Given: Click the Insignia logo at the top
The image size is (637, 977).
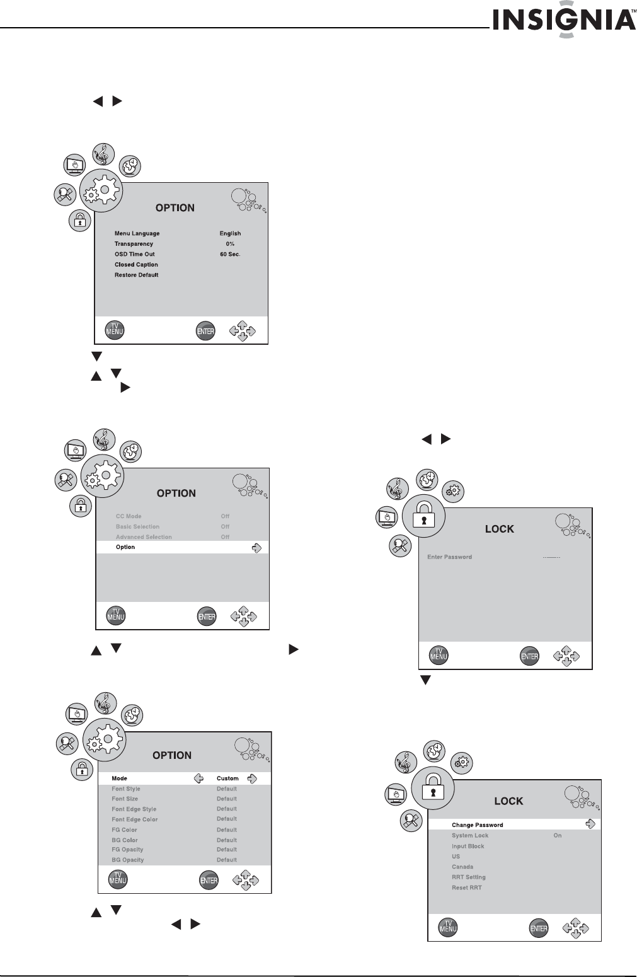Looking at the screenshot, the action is pos(563,21).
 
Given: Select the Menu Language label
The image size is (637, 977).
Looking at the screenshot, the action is pos(137,233).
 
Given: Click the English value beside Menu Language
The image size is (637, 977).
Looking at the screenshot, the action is pos(230,233).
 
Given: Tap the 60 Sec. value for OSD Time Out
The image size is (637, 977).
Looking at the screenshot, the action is pos(230,254).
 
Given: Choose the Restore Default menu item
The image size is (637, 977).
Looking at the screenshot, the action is pos(136,275).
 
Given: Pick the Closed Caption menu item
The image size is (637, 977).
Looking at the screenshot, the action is pos(136,265).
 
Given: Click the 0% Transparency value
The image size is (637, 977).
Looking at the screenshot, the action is pos(230,244).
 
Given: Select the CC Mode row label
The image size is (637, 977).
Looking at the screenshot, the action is pos(129,516).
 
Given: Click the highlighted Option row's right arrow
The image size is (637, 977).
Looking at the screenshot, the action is pos(256,548).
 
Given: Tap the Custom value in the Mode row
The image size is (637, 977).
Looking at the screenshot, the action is pos(227,778).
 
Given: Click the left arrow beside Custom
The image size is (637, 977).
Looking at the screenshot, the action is pos(198,778).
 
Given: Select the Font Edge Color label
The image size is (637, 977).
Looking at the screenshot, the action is pos(134,819).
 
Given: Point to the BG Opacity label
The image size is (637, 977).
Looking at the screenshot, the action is pos(127,860).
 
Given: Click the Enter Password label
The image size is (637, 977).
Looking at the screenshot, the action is pos(449,557).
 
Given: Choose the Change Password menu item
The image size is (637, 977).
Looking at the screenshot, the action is pos(477,825).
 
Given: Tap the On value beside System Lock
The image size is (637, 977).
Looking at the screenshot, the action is pos(558,835).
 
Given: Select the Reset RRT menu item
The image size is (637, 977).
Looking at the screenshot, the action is pos(466,887).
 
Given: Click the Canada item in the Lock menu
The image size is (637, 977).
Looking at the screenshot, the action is pos(462,867).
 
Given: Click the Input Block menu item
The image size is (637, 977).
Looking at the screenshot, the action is pos(468,846).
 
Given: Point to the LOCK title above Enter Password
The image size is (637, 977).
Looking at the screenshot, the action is pos(499,529).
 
